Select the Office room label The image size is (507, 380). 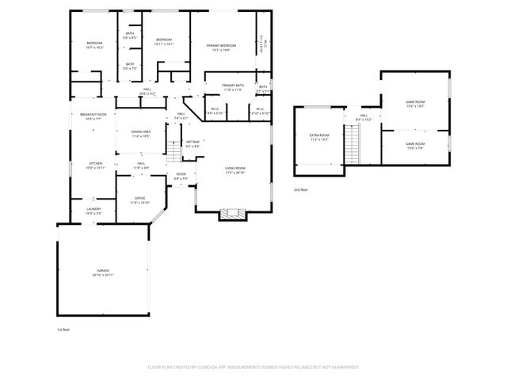pyautogui.click(x=139, y=199)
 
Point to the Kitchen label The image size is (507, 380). pyautogui.click(x=94, y=165)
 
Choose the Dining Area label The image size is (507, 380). pyautogui.click(x=140, y=134)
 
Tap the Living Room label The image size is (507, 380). pyautogui.click(x=234, y=170)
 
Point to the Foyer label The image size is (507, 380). pyautogui.click(x=181, y=176)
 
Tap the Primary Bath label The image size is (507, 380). pyautogui.click(x=232, y=87)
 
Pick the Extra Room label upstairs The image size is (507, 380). pyautogui.click(x=318, y=137)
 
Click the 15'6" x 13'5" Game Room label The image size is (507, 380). pyautogui.click(x=415, y=103)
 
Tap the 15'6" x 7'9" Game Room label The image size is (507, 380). pyautogui.click(x=415, y=146)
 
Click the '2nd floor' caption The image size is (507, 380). pyautogui.click(x=301, y=190)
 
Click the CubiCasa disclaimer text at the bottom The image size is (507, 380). pyautogui.click(x=253, y=367)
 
